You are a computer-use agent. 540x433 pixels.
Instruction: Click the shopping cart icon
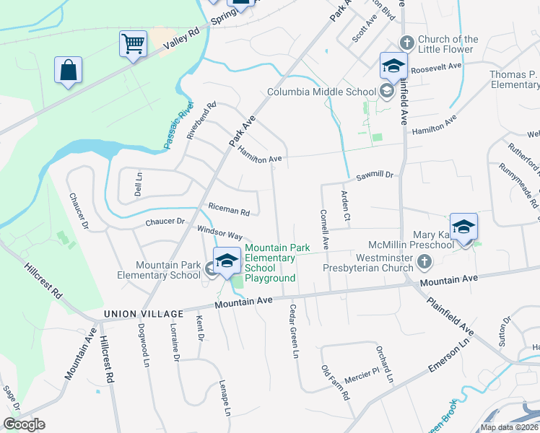point(134,44)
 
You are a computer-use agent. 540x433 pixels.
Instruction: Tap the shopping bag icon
point(68,71)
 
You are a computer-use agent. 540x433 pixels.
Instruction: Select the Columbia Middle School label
point(321,92)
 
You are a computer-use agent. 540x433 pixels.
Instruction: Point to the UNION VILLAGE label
point(141,314)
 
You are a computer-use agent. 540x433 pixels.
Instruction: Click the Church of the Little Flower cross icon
point(406,43)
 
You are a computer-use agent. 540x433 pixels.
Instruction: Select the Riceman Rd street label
point(228,211)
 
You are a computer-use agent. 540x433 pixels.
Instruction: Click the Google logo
point(24,424)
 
